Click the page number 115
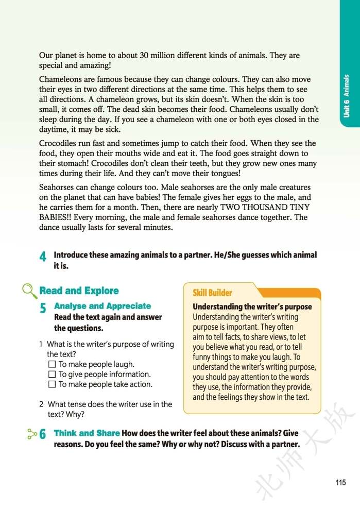pyautogui.click(x=339, y=482)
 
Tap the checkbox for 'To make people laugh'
pyautogui.click(x=52, y=364)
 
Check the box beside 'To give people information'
pyautogui.click(x=52, y=375)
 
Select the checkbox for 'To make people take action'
pyautogui.click(x=52, y=384)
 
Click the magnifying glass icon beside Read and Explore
pyautogui.click(x=29, y=292)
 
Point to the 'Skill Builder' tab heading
pyautogui.click(x=212, y=293)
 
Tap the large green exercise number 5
pyautogui.click(x=43, y=309)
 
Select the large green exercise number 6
pyautogui.click(x=43, y=435)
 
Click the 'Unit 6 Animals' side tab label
pyautogui.click(x=347, y=96)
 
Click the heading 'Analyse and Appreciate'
pyautogui.click(x=102, y=306)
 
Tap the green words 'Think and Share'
pyautogui.click(x=87, y=433)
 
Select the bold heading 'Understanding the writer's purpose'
pyautogui.click(x=252, y=307)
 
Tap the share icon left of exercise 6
pyautogui.click(x=30, y=434)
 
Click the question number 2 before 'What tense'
pyautogui.click(x=41, y=404)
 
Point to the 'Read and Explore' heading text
pyautogui.click(x=79, y=291)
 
